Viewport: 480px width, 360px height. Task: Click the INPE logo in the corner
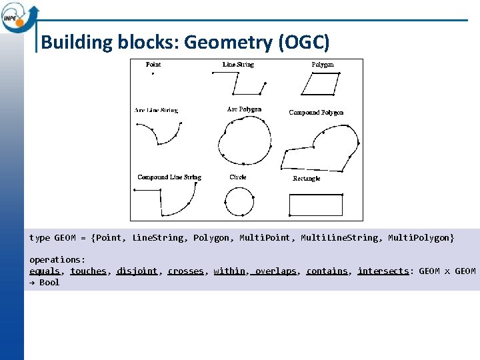point(19,17)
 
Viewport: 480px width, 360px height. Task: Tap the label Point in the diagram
point(153,65)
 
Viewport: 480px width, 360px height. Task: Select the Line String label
point(238,65)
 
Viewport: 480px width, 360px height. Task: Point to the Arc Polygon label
point(244,109)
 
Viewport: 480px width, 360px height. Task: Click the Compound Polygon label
point(316,113)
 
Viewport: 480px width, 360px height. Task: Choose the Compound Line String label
point(169,177)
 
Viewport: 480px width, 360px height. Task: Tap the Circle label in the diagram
point(238,177)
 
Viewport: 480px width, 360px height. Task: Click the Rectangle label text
point(307,179)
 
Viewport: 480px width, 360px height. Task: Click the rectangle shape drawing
point(316,204)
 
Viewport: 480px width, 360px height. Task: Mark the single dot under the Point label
point(153,74)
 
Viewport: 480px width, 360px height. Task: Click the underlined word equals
point(45,271)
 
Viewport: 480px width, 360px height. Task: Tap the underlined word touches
point(88,271)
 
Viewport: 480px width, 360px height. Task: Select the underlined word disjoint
point(137,271)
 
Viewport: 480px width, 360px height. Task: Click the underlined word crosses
point(185,271)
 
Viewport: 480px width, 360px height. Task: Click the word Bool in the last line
point(49,283)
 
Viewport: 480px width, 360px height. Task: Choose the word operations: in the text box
point(57,259)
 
